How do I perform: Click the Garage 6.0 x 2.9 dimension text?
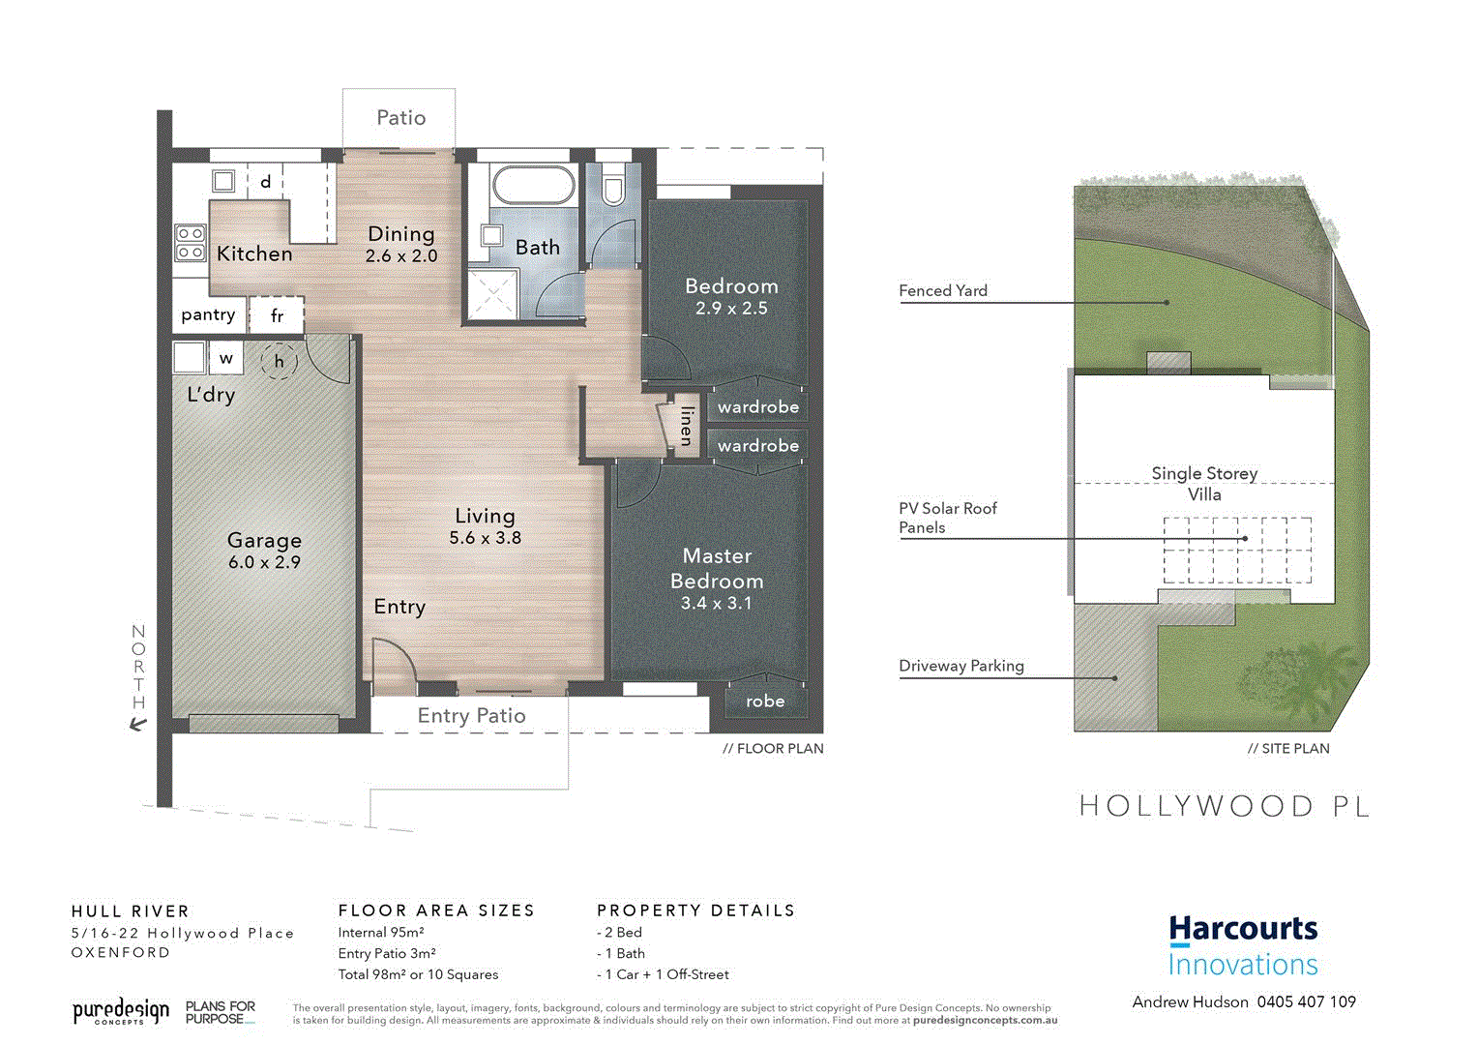click(264, 562)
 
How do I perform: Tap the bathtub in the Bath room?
click(532, 184)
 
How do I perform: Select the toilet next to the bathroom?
click(613, 188)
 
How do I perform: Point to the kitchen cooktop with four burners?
click(190, 244)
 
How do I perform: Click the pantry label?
click(208, 314)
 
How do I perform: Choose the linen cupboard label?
click(686, 426)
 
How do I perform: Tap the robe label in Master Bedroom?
click(765, 702)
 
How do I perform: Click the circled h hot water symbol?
click(279, 361)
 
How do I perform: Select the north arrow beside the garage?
click(138, 723)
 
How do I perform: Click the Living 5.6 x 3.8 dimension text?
click(485, 538)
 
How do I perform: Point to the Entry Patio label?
click(471, 716)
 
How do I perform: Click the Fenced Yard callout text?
click(943, 290)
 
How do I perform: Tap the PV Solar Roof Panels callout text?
click(947, 518)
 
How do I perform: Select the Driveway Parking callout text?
click(961, 666)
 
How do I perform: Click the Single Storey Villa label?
click(1204, 484)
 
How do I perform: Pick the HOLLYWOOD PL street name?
click(1224, 806)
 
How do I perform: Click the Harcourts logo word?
click(1243, 929)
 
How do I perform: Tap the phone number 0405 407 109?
click(1306, 1002)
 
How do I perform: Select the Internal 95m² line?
click(381, 933)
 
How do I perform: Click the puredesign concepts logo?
click(120, 1012)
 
